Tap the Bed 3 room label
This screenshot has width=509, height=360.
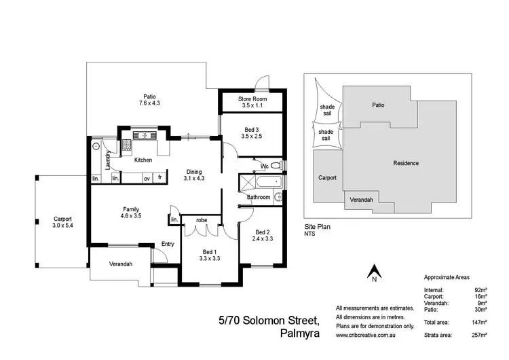(x=250, y=128)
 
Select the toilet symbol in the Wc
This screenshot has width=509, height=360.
(x=274, y=165)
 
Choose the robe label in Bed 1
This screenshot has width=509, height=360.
(x=202, y=220)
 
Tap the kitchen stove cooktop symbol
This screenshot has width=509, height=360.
(x=127, y=144)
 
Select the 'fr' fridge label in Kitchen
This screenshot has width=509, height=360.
(x=160, y=178)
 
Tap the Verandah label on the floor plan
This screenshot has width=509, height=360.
(x=118, y=264)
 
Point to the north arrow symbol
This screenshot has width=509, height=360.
(x=373, y=273)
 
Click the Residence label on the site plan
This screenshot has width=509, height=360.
(x=406, y=163)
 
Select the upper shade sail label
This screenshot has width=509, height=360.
(x=326, y=110)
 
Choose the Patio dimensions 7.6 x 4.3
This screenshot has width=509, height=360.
(x=149, y=103)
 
